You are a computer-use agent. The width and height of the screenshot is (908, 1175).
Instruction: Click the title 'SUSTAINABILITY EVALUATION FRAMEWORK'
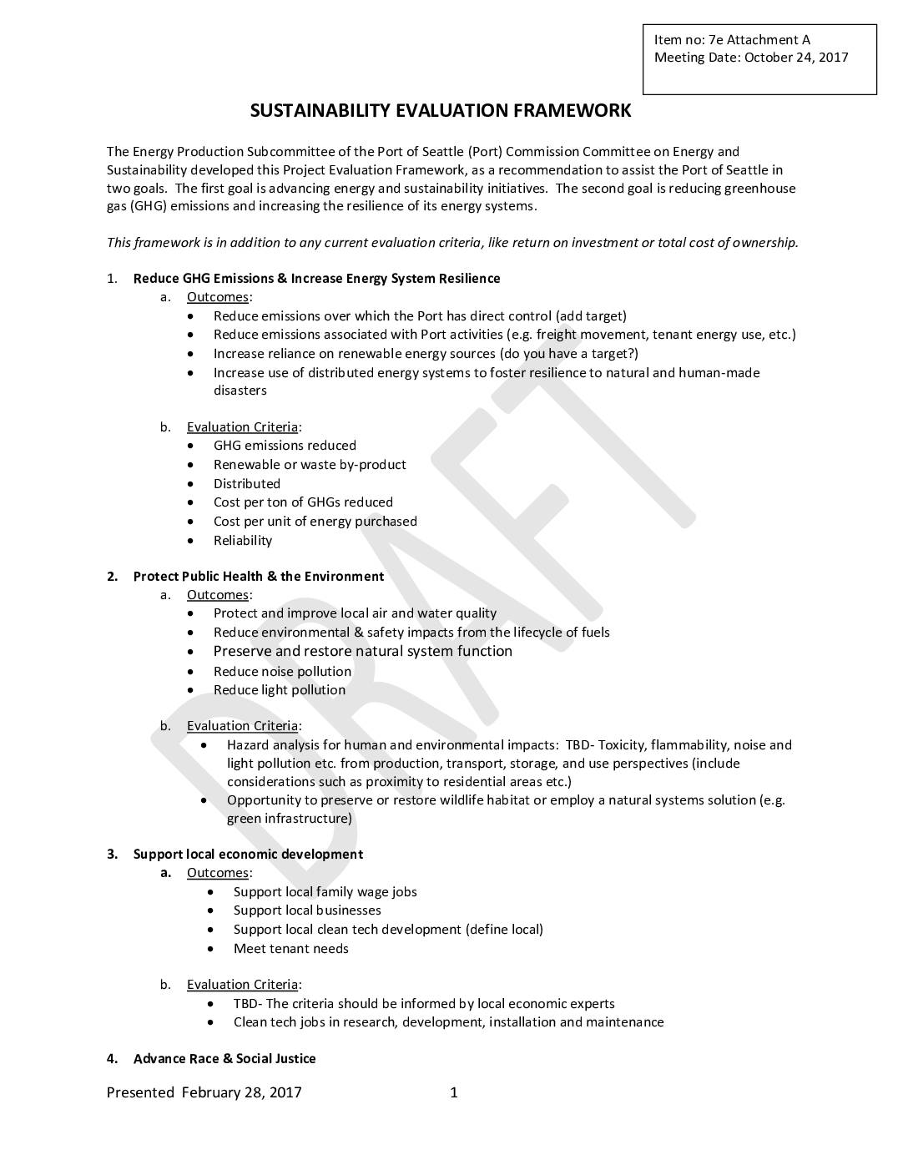point(441,110)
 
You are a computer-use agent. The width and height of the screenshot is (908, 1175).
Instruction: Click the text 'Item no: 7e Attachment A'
point(732,39)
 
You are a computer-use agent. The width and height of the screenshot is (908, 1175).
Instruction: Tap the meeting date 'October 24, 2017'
point(796,58)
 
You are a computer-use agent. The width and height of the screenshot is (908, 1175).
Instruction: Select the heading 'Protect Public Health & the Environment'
point(259,577)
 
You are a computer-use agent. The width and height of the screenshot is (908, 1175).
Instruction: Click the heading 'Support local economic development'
point(248,855)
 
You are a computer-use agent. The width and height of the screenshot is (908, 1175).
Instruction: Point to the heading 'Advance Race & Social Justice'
point(224,1059)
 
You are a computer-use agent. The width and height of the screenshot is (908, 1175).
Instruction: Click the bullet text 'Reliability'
point(243,541)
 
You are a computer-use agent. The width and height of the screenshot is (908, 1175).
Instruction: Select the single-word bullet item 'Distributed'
point(247,484)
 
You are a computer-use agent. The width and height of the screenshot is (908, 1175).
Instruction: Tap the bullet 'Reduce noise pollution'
point(282,672)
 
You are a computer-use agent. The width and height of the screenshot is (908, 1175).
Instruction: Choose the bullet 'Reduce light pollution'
point(280,690)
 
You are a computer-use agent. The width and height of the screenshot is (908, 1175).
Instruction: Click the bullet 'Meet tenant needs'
point(291,949)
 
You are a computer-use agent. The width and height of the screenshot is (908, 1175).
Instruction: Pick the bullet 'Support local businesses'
point(307,910)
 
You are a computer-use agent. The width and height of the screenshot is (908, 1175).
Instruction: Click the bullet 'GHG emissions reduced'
point(285,446)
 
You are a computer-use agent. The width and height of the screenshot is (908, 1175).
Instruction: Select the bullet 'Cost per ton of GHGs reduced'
point(303,502)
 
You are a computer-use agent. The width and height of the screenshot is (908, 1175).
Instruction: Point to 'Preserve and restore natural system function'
point(363,652)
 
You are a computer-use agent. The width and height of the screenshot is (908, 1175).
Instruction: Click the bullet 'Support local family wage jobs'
point(325,892)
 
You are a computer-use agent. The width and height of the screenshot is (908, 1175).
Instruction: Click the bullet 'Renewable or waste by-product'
point(310,465)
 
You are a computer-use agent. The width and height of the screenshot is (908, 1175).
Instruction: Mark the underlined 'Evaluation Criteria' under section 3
point(242,985)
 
